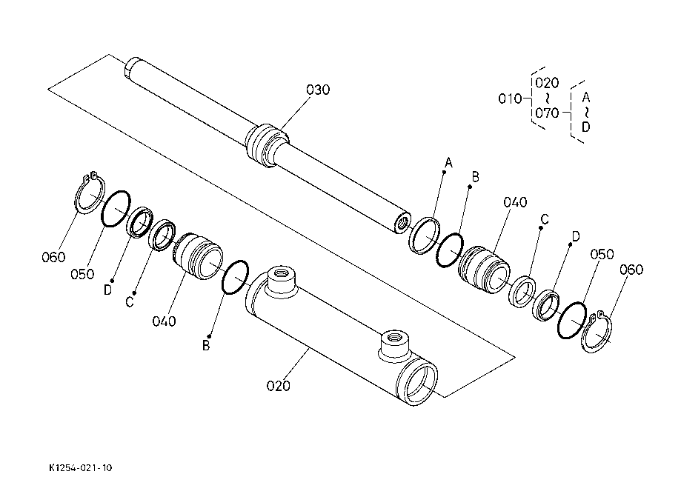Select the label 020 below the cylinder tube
pos(279,385)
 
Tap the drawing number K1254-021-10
pos(81,467)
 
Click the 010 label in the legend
pos(509,98)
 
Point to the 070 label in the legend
pos(547,113)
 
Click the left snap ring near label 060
pos(90,194)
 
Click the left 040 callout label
pos(165,321)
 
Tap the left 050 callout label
pos(82,274)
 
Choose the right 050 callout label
pos(602,254)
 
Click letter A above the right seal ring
pos(448,161)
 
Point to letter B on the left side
pos(207,345)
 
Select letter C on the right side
pos(544,218)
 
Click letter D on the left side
pos(107,290)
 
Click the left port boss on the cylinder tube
pos(280,279)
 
